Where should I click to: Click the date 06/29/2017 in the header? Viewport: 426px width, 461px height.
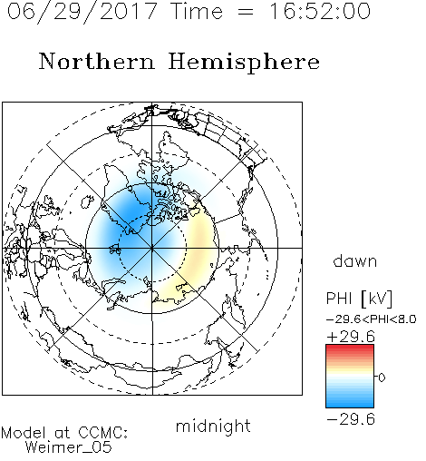point(82,12)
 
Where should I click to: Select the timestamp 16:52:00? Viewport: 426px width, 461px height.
point(319,11)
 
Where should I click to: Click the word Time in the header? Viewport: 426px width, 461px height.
point(197,11)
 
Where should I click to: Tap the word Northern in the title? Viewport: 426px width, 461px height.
point(97,61)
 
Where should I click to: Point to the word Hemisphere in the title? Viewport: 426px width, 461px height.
point(244,63)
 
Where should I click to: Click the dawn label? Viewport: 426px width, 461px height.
point(355,260)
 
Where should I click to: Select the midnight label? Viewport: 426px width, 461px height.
point(213,426)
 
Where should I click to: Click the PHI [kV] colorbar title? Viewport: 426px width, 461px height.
point(359,299)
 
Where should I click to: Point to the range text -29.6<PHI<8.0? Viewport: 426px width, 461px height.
point(372,319)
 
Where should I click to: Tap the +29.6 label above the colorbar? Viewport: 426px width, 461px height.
point(351,337)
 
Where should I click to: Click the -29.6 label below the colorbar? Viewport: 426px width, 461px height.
point(351,419)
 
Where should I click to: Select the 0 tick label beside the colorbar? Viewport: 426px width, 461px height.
point(382,378)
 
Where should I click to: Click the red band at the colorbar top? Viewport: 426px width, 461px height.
point(350,348)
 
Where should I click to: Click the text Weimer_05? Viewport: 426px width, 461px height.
point(69,447)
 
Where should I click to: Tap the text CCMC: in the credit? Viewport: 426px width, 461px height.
point(102,433)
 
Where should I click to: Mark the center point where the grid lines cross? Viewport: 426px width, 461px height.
point(152,248)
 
